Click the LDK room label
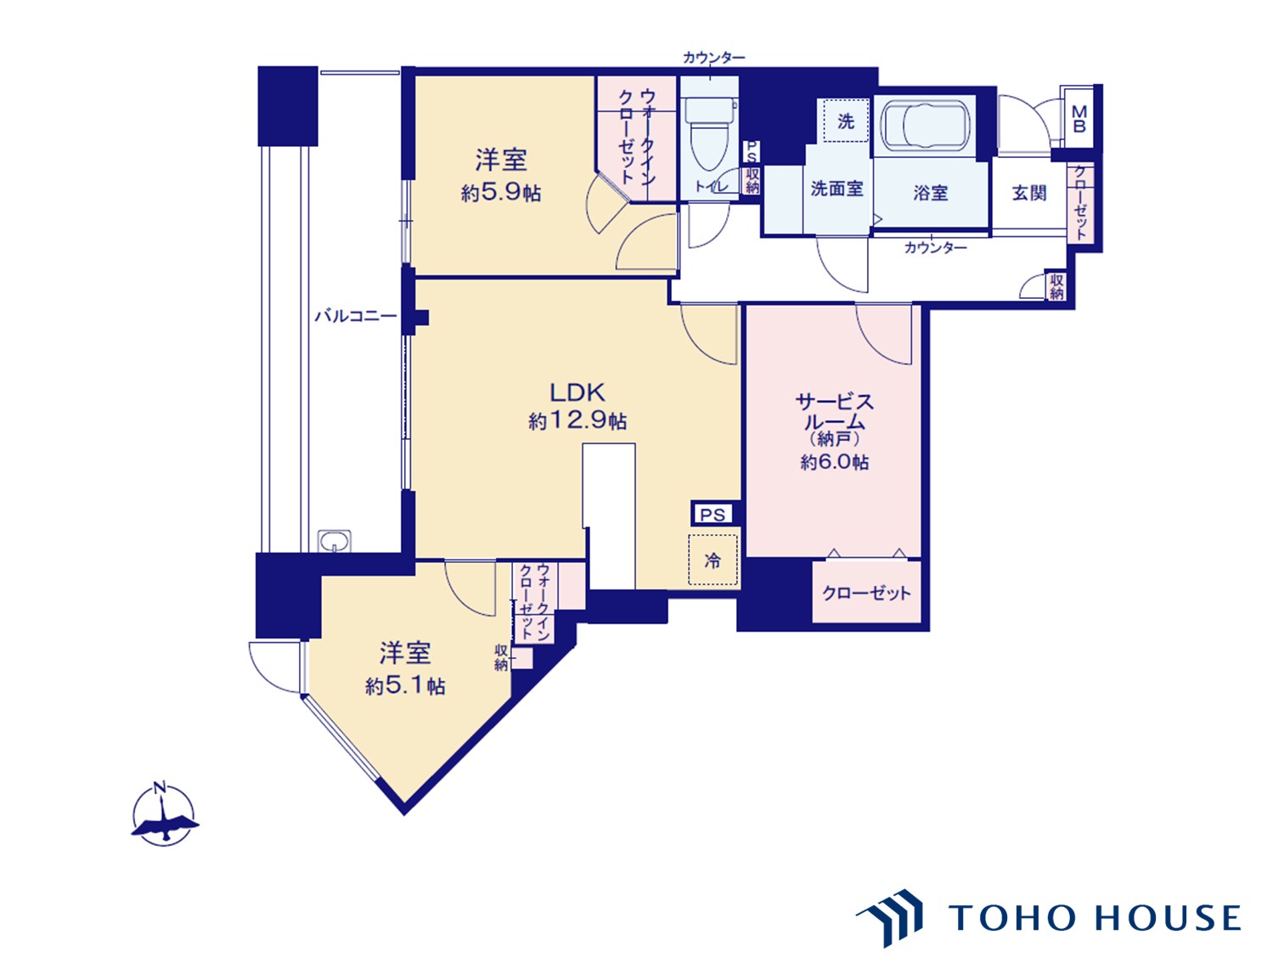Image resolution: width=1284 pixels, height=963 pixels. pos(577,392)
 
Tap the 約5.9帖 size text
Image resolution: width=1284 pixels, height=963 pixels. pos(500,193)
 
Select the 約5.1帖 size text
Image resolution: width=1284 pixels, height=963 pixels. pos(405,685)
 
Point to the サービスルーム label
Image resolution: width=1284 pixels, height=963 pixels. pos(834,412)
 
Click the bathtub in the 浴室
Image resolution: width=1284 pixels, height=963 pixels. pos(925,126)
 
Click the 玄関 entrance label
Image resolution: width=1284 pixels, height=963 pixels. pos(1029,193)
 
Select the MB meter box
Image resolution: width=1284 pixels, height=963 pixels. pos(1079,119)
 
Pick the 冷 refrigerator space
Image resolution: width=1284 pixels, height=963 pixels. pos(712,560)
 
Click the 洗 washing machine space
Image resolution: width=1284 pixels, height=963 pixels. pos(846,121)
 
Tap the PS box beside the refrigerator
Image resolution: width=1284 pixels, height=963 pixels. pos(712,515)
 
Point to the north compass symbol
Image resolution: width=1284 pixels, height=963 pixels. pos(163,815)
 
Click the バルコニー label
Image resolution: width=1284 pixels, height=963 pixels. pos(355,316)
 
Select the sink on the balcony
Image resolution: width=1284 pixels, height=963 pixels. pos(335,541)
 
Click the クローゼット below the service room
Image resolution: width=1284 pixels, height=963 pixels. pos(866,593)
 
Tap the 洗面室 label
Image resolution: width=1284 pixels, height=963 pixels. pos(836,189)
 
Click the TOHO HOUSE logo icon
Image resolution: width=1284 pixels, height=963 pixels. pos(891,917)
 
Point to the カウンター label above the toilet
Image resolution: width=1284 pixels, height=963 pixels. pos(713,58)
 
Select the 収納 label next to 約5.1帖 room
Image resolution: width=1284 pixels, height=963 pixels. pos(502,657)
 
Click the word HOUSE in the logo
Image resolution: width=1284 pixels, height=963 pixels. pos(1167,918)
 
